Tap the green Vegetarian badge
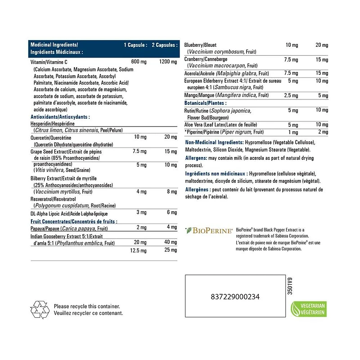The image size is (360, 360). [306, 309]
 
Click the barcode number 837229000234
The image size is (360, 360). [235, 297]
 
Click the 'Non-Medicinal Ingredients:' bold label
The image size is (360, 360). [214, 142]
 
